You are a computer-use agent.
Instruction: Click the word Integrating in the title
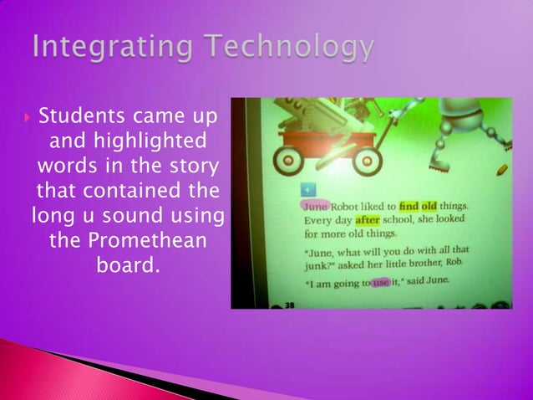click(106, 48)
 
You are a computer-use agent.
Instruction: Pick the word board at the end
click(129, 269)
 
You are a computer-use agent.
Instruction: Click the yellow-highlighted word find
click(408, 206)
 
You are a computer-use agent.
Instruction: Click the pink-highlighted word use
click(380, 283)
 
